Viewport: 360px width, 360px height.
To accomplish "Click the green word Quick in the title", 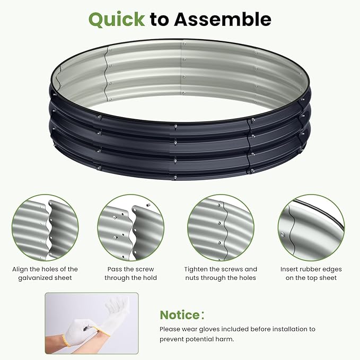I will [x=116, y=19].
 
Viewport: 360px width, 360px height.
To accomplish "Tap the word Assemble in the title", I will [x=223, y=19].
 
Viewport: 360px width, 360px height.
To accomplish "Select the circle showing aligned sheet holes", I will [x=45, y=227].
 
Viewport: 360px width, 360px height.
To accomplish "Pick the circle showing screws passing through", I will [x=130, y=227].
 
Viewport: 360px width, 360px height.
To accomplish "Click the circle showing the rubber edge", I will [x=311, y=227].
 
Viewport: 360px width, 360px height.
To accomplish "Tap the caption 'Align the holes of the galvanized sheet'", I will [x=45, y=274].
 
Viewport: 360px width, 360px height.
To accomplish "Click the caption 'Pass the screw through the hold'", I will [x=130, y=274].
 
